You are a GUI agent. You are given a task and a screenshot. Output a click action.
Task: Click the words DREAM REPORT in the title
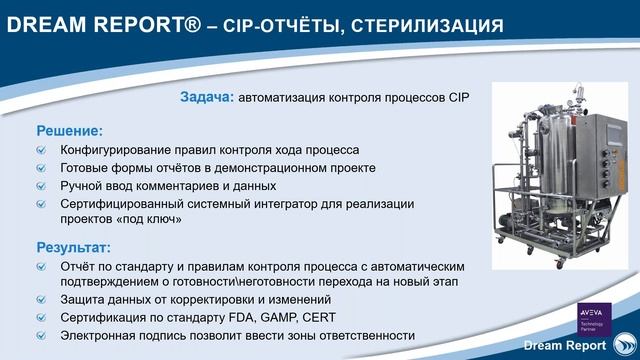(x=95, y=23)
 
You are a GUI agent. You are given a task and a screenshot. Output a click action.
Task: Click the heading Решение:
(x=70, y=130)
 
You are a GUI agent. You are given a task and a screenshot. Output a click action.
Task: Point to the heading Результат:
(x=74, y=247)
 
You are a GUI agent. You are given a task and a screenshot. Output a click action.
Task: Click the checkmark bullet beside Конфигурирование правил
(x=41, y=150)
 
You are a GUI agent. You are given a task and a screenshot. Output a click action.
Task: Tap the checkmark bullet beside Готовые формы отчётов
(x=41, y=168)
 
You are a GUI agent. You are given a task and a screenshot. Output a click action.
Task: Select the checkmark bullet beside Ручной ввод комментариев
(x=41, y=186)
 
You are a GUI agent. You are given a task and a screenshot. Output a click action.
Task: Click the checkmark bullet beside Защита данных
(x=41, y=300)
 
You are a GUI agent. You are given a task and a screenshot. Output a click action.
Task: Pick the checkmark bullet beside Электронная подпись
(x=41, y=336)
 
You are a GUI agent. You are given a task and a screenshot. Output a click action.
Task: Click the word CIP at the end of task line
(x=457, y=97)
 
